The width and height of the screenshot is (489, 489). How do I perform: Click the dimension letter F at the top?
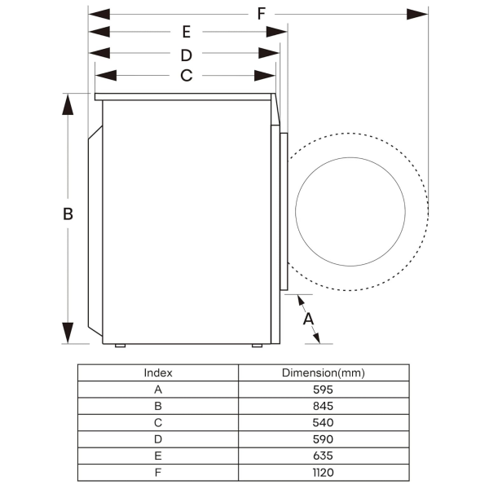(261, 13)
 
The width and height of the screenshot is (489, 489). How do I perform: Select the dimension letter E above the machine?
(187, 33)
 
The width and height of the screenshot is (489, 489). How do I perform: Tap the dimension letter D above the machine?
(186, 55)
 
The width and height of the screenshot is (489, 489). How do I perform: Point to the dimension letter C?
(186, 76)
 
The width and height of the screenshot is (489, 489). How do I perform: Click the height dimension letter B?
(68, 214)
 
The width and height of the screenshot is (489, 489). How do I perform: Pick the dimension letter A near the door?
(309, 319)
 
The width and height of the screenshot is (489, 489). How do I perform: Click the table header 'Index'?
(158, 372)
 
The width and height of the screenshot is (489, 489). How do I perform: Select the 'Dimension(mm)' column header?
(323, 372)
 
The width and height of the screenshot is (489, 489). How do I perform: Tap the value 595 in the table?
(323, 390)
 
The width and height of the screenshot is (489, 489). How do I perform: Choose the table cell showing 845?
(323, 406)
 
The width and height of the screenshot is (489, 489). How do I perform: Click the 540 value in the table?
(323, 422)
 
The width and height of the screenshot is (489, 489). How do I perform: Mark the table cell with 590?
(323, 439)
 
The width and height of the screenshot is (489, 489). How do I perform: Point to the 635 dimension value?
(323, 456)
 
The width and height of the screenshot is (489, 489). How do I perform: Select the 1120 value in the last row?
(323, 472)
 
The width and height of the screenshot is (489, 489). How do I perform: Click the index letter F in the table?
(158, 472)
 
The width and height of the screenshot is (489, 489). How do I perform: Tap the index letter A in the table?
(158, 390)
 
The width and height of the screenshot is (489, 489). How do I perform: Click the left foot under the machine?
(120, 346)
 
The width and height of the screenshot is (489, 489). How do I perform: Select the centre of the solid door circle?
(350, 212)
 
